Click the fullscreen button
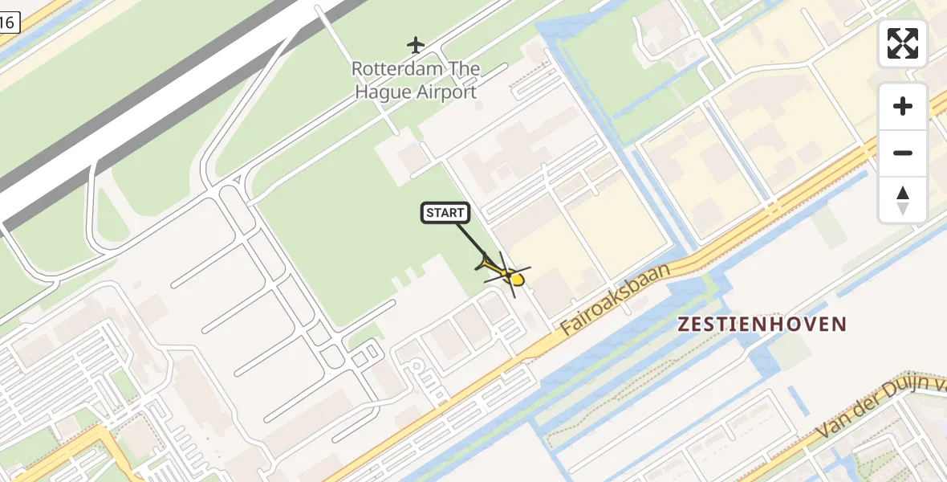[x=903, y=43]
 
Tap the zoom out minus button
[x=903, y=153]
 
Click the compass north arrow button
[x=903, y=199]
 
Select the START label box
[x=445, y=213]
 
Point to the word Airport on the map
[x=445, y=92]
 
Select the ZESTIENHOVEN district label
[x=762, y=325]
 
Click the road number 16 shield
[x=7, y=23]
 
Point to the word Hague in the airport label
[x=384, y=92]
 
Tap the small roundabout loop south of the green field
[x=417, y=368]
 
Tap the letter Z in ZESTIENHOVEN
[x=685, y=325]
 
